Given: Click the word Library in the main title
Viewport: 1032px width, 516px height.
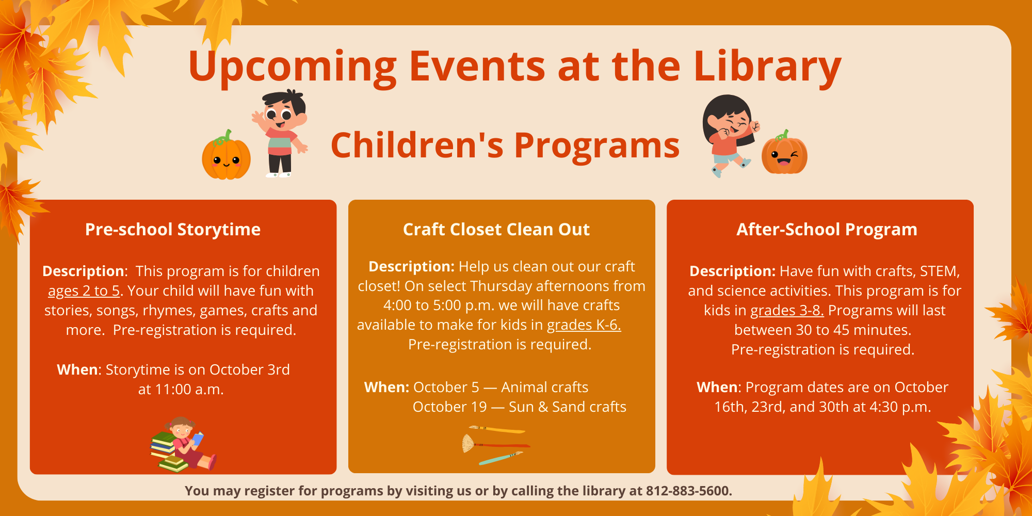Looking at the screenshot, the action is point(767,67).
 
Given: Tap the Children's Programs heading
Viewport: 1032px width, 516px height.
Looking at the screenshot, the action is point(505,146).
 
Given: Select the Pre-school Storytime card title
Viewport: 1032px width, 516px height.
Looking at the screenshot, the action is point(173,230).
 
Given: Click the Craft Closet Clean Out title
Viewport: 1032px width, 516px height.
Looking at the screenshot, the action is point(496,230).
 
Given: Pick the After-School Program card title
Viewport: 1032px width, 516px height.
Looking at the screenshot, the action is point(827,230).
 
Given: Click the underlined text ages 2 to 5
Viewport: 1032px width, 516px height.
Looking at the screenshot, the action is point(84,291).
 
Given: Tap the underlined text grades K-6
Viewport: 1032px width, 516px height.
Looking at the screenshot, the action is point(584,325).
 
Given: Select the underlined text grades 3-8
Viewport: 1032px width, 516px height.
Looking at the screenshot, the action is point(787,311).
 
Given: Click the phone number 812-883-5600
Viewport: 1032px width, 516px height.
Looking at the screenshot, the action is point(689,491).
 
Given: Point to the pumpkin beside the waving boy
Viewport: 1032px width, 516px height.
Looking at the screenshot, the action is point(226,155).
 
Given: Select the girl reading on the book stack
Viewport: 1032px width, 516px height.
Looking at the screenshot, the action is point(183,444).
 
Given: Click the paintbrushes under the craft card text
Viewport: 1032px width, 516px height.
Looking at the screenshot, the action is point(496,445).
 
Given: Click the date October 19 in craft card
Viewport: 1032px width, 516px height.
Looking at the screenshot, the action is point(450,407).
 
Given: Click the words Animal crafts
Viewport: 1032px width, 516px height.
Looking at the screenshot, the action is point(545,388).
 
